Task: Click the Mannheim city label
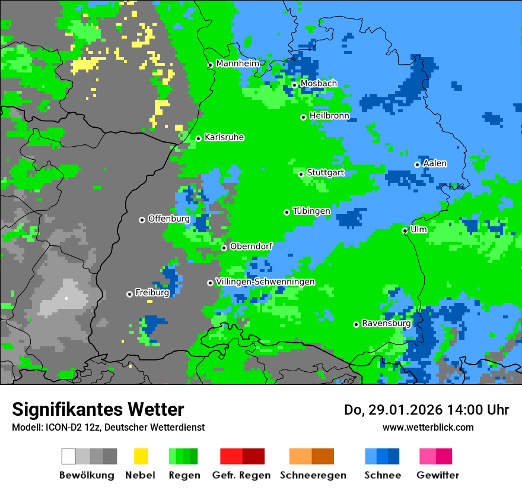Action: (x=237, y=64)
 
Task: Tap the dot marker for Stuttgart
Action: (x=301, y=174)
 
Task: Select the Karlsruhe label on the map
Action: (x=224, y=137)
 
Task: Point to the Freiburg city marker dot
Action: (x=129, y=294)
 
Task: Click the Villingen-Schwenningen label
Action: (x=265, y=282)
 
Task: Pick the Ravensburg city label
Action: (x=386, y=324)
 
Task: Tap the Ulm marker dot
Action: (x=405, y=230)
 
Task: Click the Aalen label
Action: (x=435, y=163)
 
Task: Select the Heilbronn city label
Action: (x=329, y=116)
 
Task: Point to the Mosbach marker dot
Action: (x=294, y=85)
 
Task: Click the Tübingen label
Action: (x=311, y=211)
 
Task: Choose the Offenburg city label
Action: (x=168, y=219)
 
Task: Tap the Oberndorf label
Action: (x=251, y=246)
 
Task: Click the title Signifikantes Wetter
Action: (x=98, y=409)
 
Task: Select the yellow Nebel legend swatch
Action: (x=141, y=456)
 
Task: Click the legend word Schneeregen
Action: (x=313, y=475)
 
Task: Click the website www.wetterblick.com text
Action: (x=428, y=427)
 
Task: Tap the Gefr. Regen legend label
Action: (x=241, y=475)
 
